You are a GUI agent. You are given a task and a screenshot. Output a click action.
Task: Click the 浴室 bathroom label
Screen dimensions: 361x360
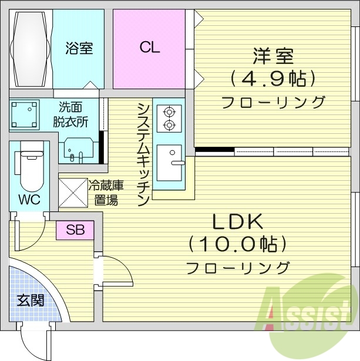[x=78, y=48]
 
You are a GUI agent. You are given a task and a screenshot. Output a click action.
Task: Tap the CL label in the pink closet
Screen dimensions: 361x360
[x=150, y=48]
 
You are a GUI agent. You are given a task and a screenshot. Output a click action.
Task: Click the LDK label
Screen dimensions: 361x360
[x=237, y=222]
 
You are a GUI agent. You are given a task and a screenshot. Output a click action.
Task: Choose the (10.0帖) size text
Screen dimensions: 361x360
[x=237, y=243]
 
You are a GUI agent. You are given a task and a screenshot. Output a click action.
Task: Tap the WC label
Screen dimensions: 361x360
[x=28, y=200]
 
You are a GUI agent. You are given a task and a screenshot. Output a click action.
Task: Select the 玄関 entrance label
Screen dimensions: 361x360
[x=30, y=301]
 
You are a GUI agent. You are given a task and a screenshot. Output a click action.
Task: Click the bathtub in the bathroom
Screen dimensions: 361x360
[x=31, y=48]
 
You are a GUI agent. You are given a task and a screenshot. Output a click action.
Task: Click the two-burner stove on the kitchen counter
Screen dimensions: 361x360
[x=169, y=116]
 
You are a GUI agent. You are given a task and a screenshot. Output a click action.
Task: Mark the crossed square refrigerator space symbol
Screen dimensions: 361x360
[x=73, y=191]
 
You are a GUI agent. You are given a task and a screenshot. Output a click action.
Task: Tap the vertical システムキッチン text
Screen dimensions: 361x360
[x=143, y=154]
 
